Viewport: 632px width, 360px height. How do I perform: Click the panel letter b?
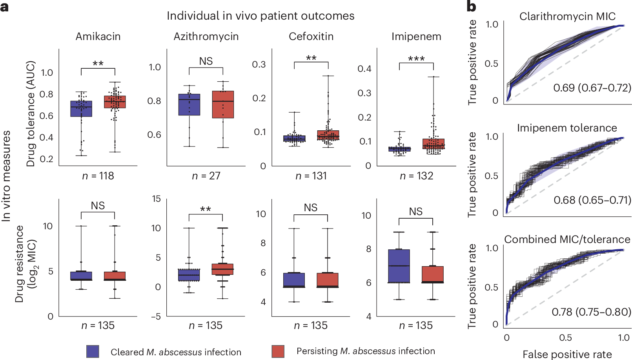click(471, 6)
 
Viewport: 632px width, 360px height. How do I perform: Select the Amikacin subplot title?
click(98, 37)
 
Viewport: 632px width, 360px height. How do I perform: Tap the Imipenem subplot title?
click(416, 37)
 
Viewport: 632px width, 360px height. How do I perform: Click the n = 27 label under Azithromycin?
click(206, 176)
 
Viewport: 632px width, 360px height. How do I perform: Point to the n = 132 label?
click(416, 176)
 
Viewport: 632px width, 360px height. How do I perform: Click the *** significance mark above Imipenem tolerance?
click(416, 59)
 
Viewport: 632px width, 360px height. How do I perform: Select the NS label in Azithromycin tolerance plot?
click(206, 61)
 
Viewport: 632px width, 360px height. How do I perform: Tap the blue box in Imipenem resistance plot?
click(399, 266)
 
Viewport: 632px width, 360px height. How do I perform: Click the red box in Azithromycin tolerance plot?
click(223, 104)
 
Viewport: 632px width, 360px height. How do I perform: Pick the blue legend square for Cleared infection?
click(93, 351)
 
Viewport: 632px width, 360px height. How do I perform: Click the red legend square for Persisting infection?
click(278, 351)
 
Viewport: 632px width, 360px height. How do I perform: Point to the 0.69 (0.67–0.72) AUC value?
click(592, 88)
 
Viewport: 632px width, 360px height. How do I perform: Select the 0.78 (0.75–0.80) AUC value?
click(591, 312)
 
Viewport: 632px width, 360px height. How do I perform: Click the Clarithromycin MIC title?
click(567, 16)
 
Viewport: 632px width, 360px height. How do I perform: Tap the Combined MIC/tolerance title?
click(567, 239)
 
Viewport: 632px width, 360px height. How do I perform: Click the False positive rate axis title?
click(567, 354)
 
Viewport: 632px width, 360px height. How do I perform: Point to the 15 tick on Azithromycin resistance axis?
click(157, 199)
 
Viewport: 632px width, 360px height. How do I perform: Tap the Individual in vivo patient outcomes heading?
click(260, 16)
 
